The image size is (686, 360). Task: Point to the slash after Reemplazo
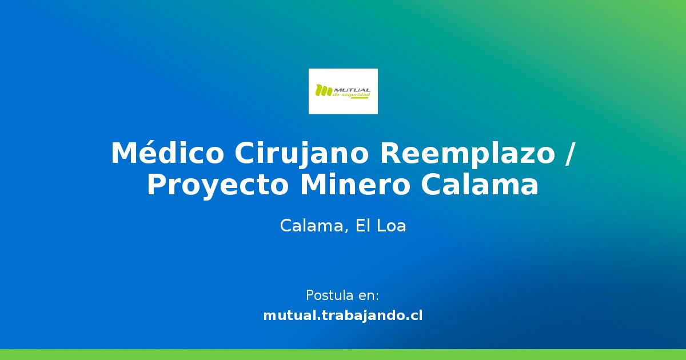point(568,154)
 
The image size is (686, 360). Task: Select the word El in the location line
point(363,226)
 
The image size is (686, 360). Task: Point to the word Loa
point(392,226)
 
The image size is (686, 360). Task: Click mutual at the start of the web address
point(289,315)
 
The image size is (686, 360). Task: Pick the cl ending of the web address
point(417,315)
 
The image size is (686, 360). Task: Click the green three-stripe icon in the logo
point(324,90)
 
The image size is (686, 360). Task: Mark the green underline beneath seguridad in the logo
point(360,98)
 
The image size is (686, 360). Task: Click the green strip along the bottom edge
point(343,354)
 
